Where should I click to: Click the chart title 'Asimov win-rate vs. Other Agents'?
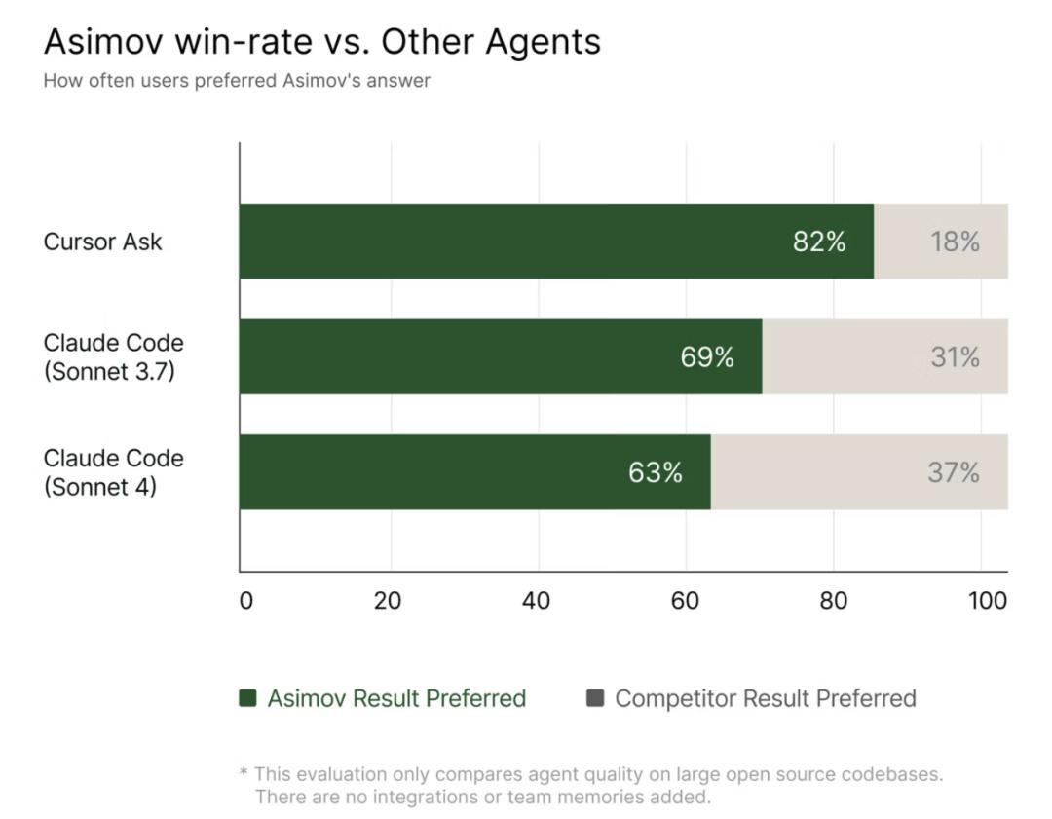coord(321,42)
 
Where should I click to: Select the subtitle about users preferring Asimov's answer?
coord(237,81)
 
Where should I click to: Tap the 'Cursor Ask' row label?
coord(102,242)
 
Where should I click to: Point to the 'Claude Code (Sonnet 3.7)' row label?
coord(113,356)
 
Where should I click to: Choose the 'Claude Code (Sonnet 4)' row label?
coord(113,471)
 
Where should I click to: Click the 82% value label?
coord(819,242)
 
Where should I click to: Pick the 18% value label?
coord(955,242)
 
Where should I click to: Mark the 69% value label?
coord(707,357)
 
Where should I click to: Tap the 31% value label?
coord(955,357)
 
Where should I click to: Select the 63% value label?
coord(656,472)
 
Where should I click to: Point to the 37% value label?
coord(954,472)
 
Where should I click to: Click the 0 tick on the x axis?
coord(245,601)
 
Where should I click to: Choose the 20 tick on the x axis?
coord(388,601)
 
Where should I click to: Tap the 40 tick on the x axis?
coord(536,601)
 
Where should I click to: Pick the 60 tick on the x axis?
coord(685,601)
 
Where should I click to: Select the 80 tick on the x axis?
coord(833,601)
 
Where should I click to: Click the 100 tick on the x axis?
coord(988,601)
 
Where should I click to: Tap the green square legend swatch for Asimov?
coord(247,697)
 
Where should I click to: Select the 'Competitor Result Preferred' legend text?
coord(766,698)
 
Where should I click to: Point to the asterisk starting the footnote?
coord(244,773)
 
